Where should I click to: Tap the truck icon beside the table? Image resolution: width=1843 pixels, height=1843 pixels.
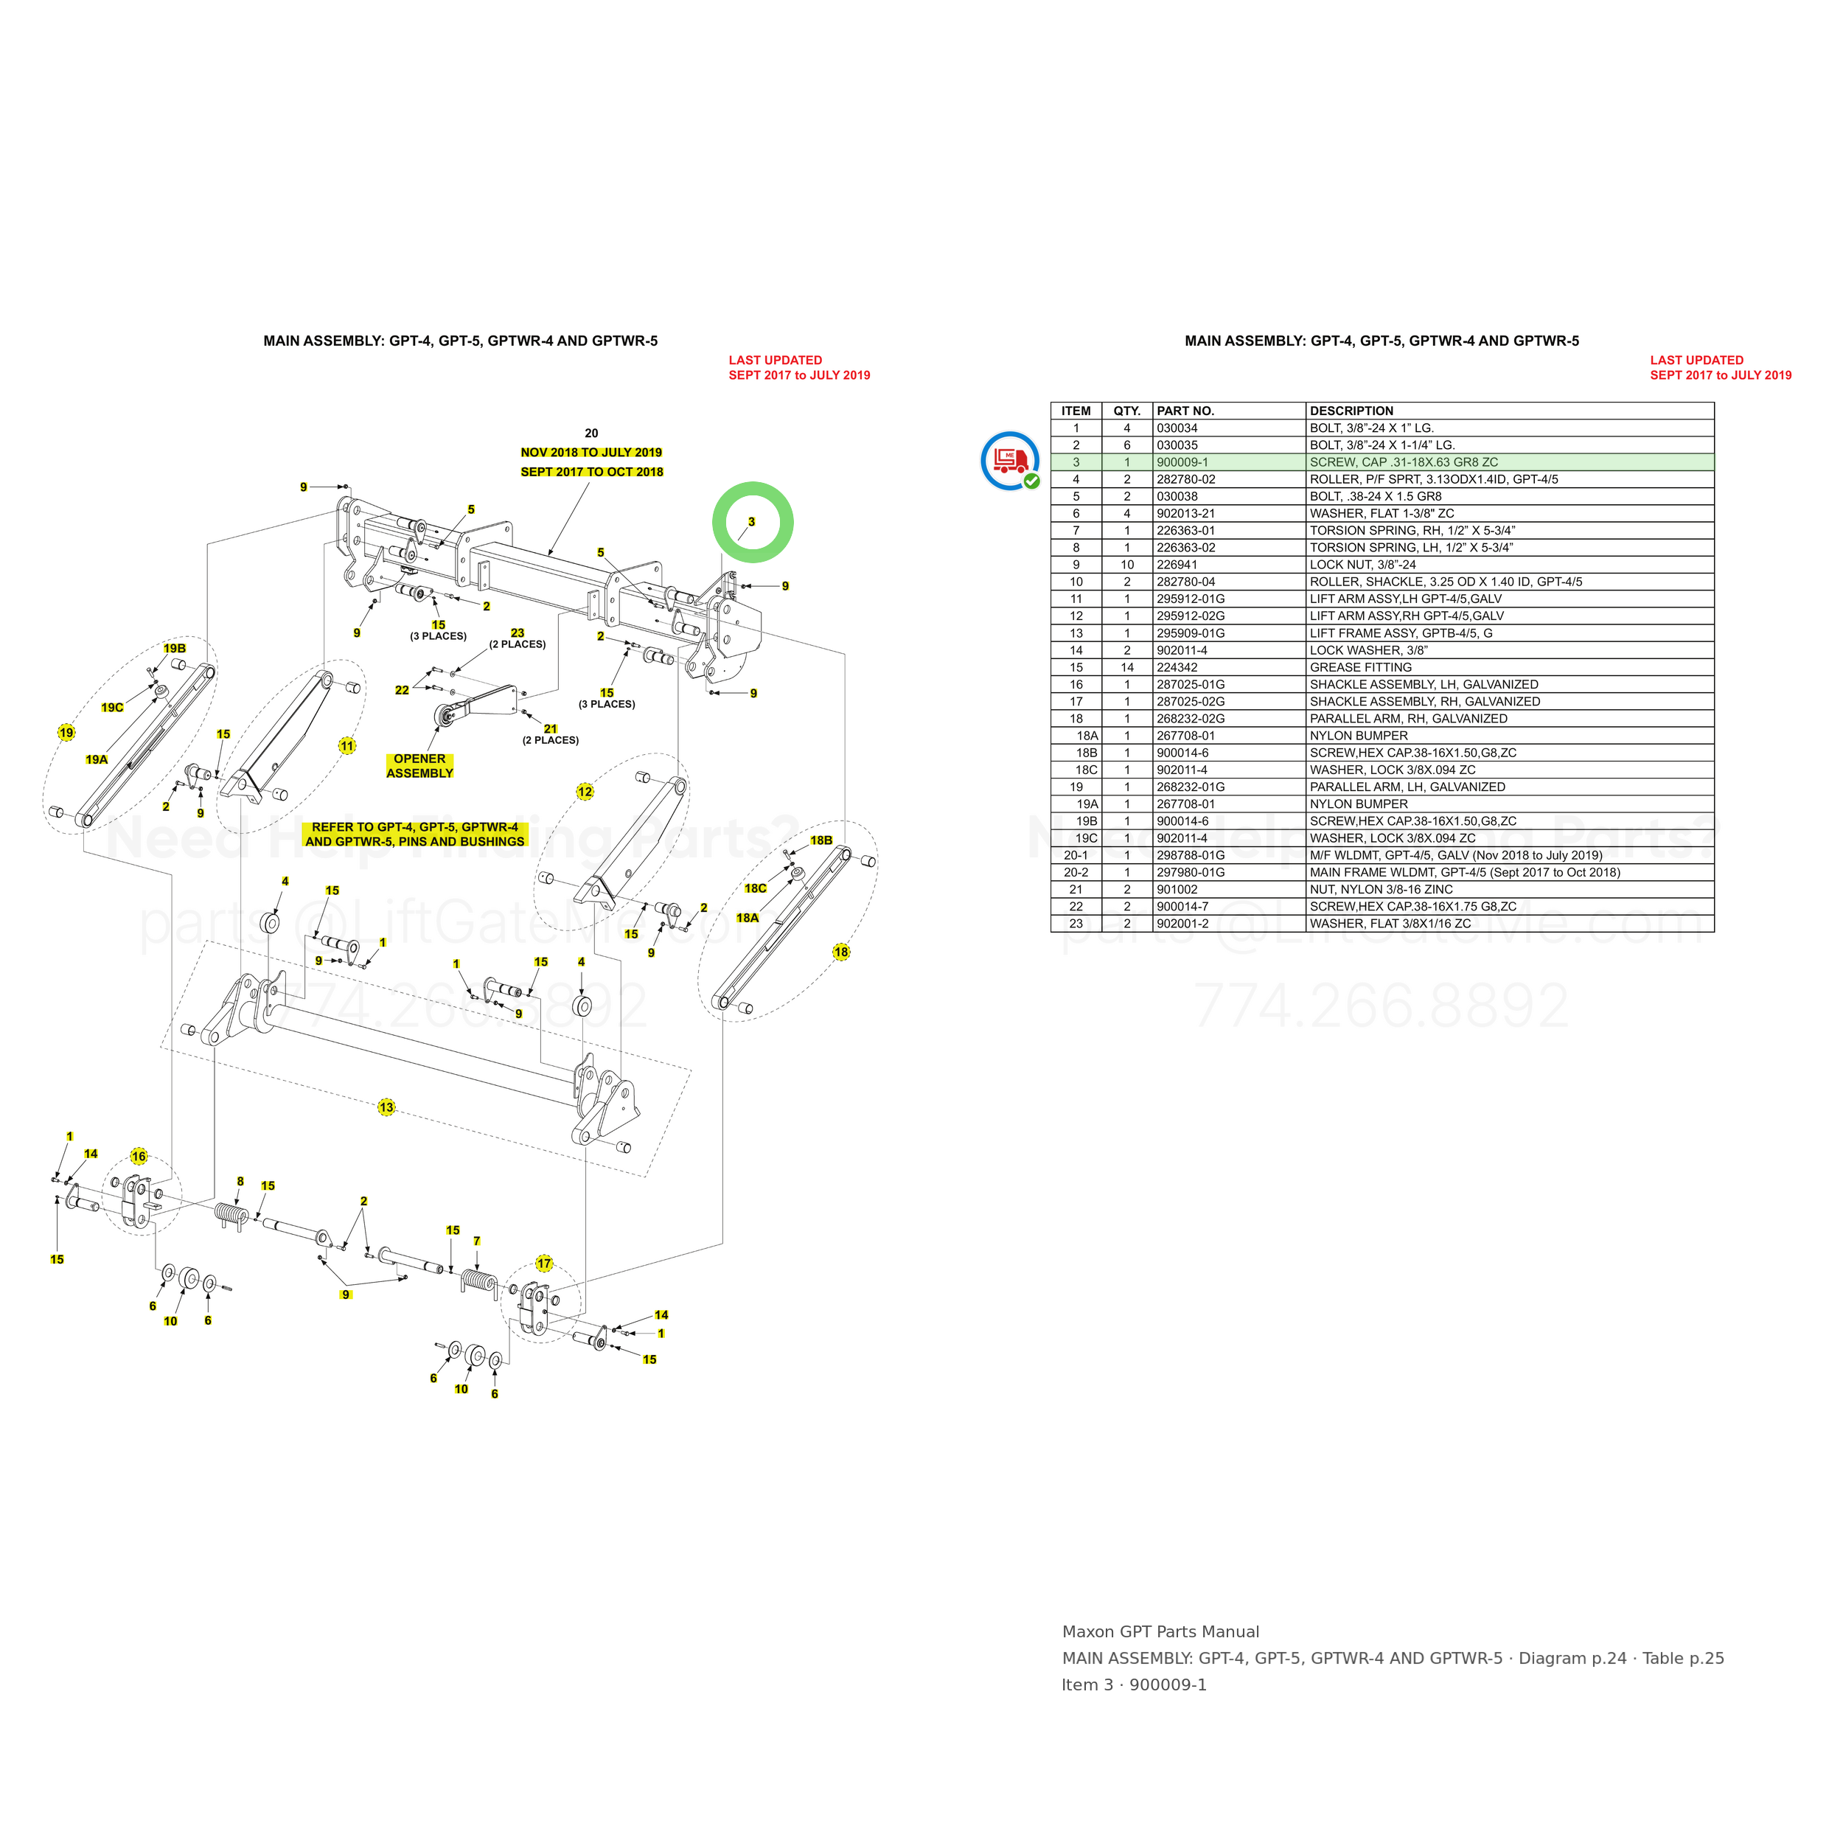point(1010,461)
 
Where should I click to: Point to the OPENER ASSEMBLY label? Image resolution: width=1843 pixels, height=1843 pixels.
point(419,766)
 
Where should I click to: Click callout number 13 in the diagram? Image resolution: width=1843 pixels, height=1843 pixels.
point(386,1107)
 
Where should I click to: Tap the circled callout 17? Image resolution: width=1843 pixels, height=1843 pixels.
point(544,1264)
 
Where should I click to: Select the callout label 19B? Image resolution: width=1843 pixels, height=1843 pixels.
point(175,649)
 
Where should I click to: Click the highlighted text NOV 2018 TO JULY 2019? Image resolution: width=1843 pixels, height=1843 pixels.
point(591,452)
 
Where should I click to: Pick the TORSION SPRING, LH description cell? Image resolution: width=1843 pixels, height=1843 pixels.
point(1412,548)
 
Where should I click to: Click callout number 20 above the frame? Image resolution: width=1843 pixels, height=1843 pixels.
point(591,433)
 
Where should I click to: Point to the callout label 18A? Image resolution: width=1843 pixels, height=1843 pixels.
point(748,918)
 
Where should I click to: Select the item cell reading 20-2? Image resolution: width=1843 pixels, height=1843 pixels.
point(1076,873)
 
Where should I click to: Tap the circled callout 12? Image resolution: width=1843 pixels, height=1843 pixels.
point(585,792)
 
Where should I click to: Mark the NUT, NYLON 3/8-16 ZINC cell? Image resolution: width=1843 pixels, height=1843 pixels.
point(1382,890)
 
